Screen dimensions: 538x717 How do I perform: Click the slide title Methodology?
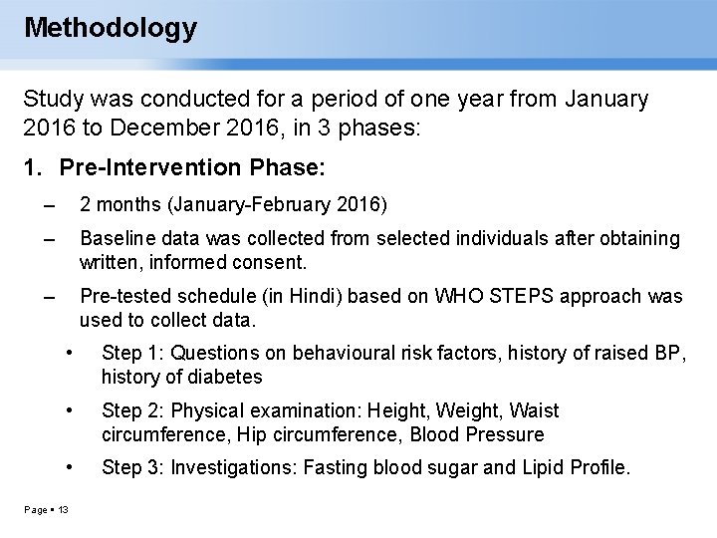[111, 27]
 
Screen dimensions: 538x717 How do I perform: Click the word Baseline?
[118, 239]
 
